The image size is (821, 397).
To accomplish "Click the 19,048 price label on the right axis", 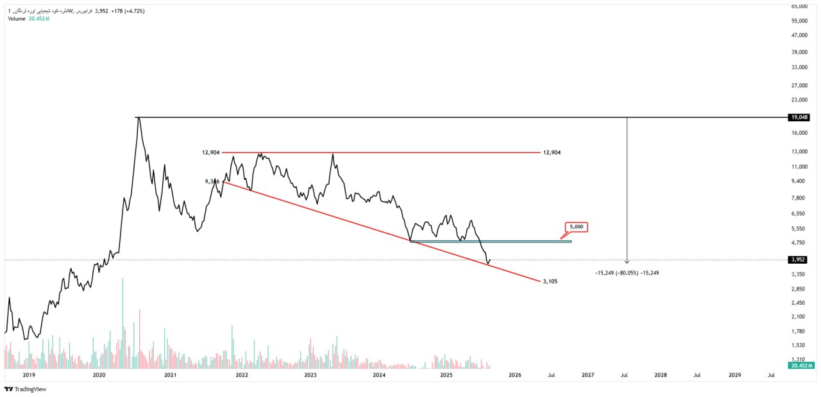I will (799, 117).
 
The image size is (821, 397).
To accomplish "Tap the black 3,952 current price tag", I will (798, 260).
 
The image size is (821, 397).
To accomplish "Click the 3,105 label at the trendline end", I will (550, 281).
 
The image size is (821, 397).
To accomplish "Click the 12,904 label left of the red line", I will (210, 153).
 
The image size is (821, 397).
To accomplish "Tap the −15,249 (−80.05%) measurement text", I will (627, 273).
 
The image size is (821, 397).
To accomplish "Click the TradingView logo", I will (25, 389).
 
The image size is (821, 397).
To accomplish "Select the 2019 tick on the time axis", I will (28, 375).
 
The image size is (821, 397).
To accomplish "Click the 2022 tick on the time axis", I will (242, 375).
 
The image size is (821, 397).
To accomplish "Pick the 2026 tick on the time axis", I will (514, 375).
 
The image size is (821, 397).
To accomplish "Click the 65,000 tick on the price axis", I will (799, 6).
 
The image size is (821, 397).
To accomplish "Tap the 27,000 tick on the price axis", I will (799, 85).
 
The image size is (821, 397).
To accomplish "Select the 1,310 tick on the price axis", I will (798, 360).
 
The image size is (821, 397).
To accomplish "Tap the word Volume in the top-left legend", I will (17, 19).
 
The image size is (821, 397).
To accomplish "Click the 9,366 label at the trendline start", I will (212, 182).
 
